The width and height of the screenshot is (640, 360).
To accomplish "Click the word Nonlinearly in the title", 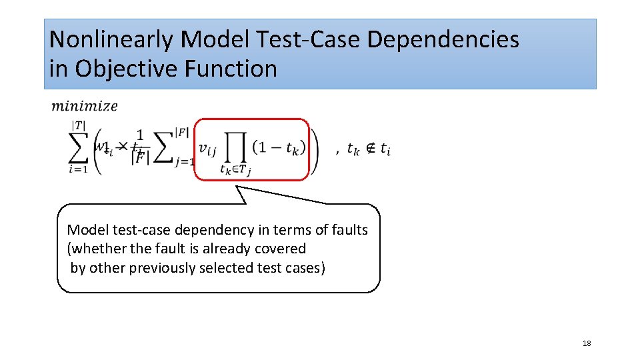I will click(x=111, y=40).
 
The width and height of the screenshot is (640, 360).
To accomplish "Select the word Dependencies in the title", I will click(x=443, y=40).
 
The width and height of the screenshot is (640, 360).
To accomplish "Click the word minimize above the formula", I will click(x=85, y=105).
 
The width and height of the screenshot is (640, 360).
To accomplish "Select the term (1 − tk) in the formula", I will click(x=279, y=148).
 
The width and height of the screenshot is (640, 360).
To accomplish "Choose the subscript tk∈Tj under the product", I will click(x=235, y=170).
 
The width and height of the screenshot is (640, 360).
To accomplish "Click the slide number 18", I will click(x=587, y=343).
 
